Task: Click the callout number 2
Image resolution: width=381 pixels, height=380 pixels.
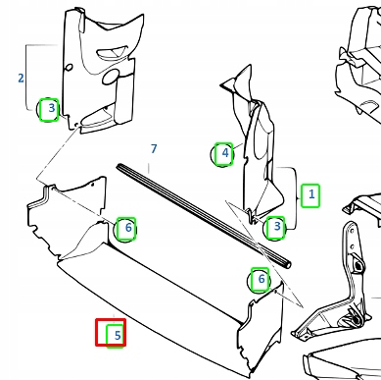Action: pyautogui.click(x=21, y=78)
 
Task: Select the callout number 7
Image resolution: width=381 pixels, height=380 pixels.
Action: pyautogui.click(x=154, y=148)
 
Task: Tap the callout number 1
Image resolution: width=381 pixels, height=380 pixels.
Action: pyautogui.click(x=311, y=194)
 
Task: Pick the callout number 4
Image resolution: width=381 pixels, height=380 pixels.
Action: pyautogui.click(x=225, y=152)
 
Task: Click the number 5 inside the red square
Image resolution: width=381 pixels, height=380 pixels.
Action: pyautogui.click(x=118, y=335)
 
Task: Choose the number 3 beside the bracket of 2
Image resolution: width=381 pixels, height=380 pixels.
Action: pyautogui.click(x=51, y=108)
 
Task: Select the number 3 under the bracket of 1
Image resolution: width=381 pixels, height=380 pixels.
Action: pyautogui.click(x=277, y=226)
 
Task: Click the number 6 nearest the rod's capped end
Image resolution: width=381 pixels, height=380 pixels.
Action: pyautogui.click(x=262, y=279)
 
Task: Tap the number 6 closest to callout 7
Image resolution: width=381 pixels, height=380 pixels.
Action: pyautogui.click(x=128, y=227)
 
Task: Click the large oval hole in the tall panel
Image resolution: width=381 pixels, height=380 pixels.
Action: pyautogui.click(x=111, y=77)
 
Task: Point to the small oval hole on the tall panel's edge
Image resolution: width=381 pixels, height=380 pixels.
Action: pyautogui.click(x=69, y=68)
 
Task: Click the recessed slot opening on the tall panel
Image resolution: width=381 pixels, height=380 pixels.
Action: pyautogui.click(x=112, y=52)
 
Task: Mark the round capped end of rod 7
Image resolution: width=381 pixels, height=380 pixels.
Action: pyautogui.click(x=287, y=264)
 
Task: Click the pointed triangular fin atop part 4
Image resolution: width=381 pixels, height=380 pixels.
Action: pyautogui.click(x=238, y=80)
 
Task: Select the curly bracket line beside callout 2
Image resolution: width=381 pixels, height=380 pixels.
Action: pyautogui.click(x=26, y=78)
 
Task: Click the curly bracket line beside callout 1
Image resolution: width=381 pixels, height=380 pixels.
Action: pyautogui.click(x=297, y=198)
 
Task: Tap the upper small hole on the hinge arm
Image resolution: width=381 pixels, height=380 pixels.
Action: pyautogui.click(x=352, y=231)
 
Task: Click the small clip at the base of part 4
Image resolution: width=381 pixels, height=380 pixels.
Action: pyautogui.click(x=252, y=216)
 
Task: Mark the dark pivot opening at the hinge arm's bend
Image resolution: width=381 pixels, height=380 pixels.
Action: pyautogui.click(x=358, y=265)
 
